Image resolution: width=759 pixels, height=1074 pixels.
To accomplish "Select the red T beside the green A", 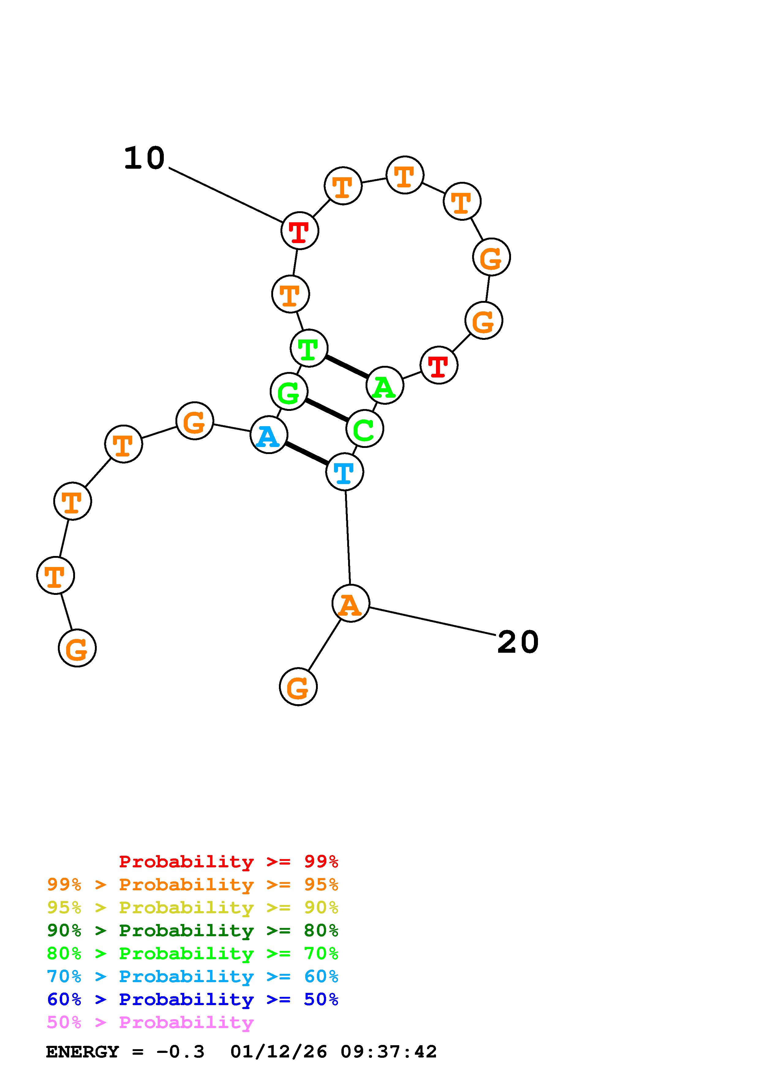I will pos(439,365).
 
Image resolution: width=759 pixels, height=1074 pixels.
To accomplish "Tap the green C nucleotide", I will pos(364,429).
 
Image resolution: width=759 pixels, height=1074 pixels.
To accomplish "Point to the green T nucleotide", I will pos(309,348).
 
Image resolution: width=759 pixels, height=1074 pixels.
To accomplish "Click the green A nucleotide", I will pos(385,385).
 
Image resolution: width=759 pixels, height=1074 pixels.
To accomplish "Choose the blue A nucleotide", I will pos(269,435).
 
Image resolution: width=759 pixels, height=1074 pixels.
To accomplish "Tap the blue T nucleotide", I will pos(344,472).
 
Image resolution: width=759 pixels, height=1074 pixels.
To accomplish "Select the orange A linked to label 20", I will pos(350,603).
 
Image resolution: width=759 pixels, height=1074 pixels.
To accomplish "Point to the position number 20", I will pos(518,642).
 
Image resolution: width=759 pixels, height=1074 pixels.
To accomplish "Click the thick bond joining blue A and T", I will pos(306,453).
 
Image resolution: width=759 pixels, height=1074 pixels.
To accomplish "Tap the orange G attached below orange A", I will pos(298,687).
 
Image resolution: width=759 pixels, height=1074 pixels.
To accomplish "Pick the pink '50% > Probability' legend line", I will pos(150,1023).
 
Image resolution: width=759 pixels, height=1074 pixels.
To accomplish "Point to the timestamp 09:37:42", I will pos(388,1052).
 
